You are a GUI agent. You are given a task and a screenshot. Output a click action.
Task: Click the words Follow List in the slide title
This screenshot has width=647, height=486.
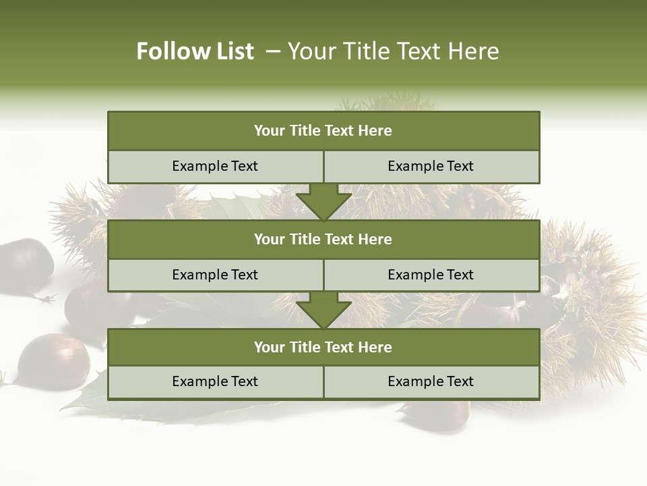point(195,51)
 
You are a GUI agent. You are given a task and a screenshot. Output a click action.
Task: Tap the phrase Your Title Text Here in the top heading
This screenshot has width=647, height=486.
point(393,51)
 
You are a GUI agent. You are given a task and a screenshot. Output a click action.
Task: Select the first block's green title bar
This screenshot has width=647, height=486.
point(323,131)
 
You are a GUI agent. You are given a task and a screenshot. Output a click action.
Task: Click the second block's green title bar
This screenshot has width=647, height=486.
point(323,239)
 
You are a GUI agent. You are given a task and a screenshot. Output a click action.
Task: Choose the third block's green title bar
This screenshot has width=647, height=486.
point(323,347)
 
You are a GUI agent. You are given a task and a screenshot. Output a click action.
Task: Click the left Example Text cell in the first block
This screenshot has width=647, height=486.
point(215,166)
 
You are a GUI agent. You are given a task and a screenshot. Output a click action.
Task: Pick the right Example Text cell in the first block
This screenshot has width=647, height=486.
point(431,166)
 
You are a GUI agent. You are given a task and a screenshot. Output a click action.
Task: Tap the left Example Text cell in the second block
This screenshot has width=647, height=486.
point(215,275)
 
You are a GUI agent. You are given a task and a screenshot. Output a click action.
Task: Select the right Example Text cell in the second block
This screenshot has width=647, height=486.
point(431,275)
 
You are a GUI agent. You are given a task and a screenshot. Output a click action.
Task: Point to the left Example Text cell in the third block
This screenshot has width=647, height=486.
point(215,381)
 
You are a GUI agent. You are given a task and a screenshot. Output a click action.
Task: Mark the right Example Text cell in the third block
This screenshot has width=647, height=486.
point(431,381)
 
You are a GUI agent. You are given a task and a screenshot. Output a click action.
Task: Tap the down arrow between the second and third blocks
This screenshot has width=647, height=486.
point(323,310)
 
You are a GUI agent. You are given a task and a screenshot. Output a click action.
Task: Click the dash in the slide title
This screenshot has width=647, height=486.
point(273,51)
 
